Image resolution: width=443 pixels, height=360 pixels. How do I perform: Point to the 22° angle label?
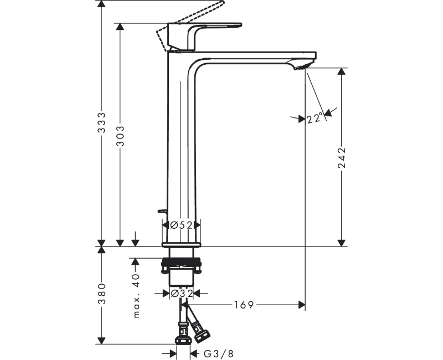(x=315, y=118)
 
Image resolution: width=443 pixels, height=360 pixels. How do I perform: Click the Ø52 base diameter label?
(x=181, y=225)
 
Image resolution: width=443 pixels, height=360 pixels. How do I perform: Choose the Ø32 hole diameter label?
(x=181, y=293)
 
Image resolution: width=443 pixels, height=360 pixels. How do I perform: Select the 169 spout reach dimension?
(x=244, y=305)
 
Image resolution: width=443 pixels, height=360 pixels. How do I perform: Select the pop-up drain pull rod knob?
(x=161, y=211)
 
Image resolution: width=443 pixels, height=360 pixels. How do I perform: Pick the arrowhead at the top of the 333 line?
(x=101, y=4)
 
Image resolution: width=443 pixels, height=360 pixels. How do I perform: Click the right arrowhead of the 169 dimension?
(x=302, y=305)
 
